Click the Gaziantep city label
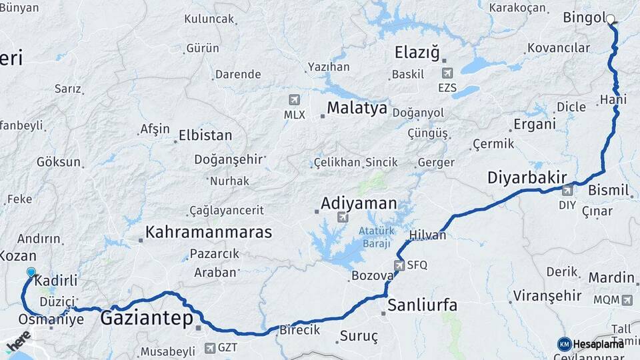pyautogui.click(x=147, y=319)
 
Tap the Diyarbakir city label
pyautogui.click(x=527, y=178)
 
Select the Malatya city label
pyautogui.click(x=357, y=108)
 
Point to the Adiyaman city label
pyautogui.click(x=359, y=203)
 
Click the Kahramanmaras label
pyautogui.click(x=209, y=232)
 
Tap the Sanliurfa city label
pyautogui.click(x=423, y=305)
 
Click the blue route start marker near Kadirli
pyautogui.click(x=31, y=272)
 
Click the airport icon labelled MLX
pyautogui.click(x=294, y=100)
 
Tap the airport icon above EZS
pyautogui.click(x=447, y=73)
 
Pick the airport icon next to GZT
pyautogui.click(x=211, y=347)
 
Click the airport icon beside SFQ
pyautogui.click(x=399, y=265)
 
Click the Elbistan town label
pyautogui.click(x=205, y=135)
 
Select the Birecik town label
pyautogui.click(x=299, y=330)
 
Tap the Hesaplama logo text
pyautogui.click(x=599, y=344)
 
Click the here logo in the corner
pyautogui.click(x=18, y=344)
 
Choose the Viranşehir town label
pyautogui.click(x=548, y=295)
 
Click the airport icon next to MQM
pyautogui.click(x=627, y=300)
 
